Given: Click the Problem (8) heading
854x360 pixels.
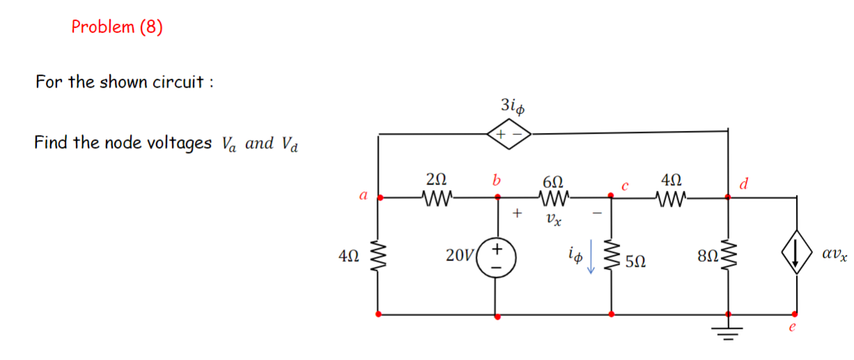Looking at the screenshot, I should click(x=117, y=27).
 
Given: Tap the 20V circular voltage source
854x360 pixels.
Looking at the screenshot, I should click(x=497, y=257).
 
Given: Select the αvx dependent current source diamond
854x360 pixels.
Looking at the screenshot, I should click(x=795, y=257).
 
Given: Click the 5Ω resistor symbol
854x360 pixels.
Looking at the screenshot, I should click(x=612, y=257).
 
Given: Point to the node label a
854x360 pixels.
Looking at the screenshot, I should click(x=363, y=196).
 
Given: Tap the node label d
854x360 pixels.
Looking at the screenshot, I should click(x=744, y=184).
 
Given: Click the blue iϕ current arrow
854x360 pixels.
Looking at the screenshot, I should click(x=591, y=257).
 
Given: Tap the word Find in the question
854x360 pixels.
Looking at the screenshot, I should click(x=51, y=143).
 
